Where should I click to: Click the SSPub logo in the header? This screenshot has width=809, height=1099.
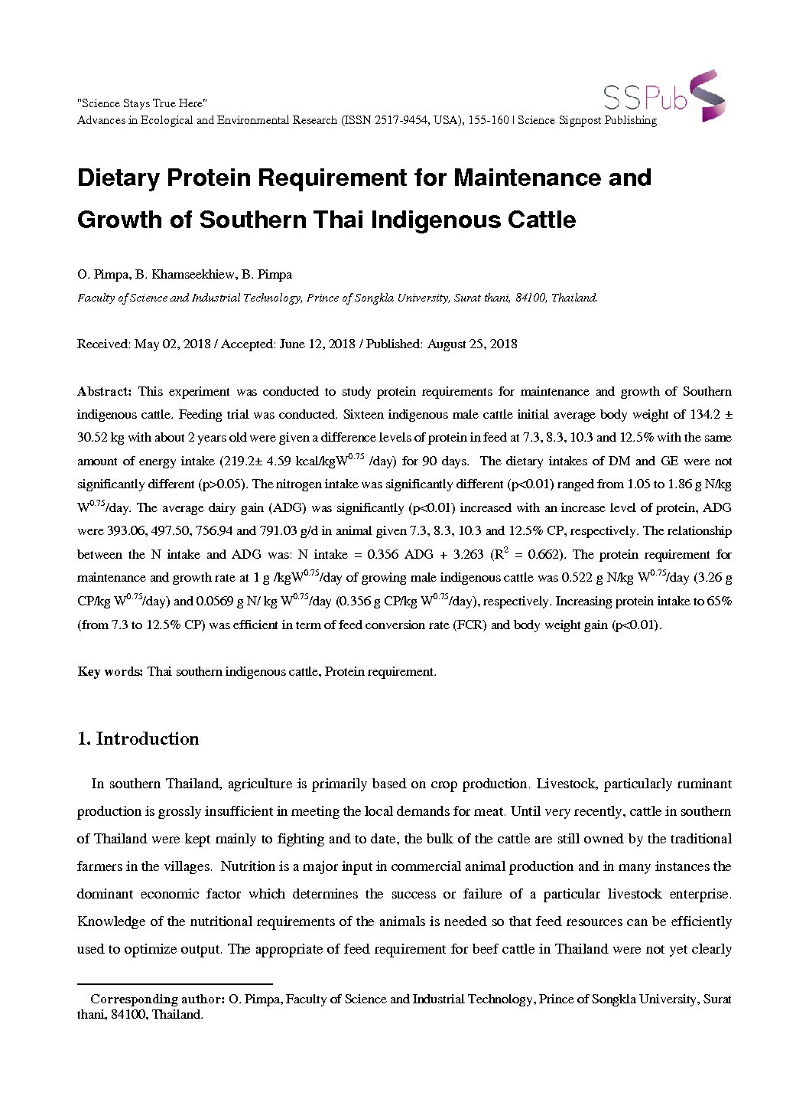point(664,96)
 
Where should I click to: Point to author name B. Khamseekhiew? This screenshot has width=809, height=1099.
point(184,275)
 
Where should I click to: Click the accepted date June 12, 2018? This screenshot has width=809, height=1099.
point(317,344)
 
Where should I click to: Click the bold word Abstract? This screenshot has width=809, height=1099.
point(105,392)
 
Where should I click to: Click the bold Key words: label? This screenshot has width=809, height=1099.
point(110,672)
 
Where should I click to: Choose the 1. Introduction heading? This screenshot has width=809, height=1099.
point(138,739)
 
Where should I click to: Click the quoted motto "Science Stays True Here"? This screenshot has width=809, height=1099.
point(142,103)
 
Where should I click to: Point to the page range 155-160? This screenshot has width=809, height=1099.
point(491,120)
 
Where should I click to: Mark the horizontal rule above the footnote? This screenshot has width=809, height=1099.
point(175,983)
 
